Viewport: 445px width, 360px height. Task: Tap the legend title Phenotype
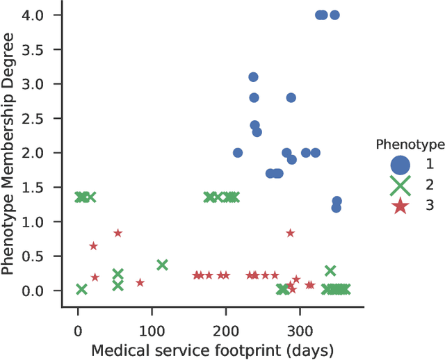405,145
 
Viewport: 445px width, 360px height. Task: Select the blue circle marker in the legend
400,165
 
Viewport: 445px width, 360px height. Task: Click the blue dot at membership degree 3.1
254,77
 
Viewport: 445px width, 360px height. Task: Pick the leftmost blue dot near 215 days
238,153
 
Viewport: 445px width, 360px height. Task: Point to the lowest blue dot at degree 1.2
337,208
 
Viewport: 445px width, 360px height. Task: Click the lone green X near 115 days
162,265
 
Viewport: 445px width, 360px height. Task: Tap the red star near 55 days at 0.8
118,233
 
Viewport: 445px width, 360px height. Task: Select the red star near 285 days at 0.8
290,233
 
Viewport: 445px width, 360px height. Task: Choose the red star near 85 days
140,283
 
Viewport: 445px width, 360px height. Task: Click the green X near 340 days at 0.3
330,270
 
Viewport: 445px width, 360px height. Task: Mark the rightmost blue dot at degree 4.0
334,15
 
